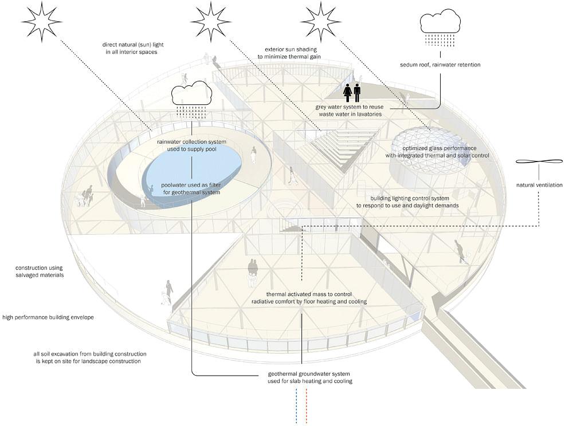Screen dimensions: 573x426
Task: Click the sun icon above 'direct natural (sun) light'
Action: (x=41, y=21)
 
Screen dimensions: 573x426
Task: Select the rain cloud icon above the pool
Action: (x=191, y=99)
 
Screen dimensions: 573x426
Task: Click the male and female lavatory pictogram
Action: (x=352, y=92)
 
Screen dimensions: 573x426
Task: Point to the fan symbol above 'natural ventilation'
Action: (x=539, y=161)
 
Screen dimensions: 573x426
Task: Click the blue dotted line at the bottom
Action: (x=296, y=406)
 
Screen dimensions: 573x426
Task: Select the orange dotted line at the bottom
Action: (x=306, y=406)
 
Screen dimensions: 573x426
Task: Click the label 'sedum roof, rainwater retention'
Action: (x=440, y=65)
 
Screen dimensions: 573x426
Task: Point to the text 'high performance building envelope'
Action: (x=48, y=317)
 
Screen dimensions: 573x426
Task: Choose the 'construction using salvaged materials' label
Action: (x=40, y=271)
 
